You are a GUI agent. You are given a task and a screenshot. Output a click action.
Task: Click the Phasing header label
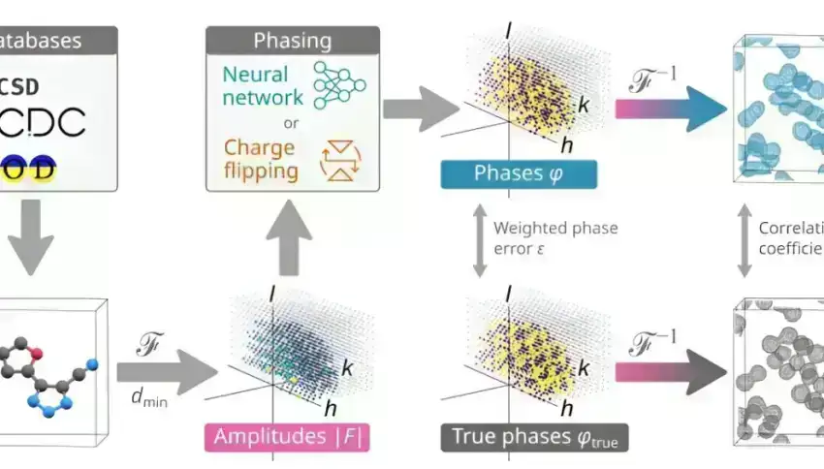292,41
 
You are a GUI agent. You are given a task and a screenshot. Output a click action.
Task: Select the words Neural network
263,85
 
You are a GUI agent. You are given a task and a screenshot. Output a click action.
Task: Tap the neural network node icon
339,85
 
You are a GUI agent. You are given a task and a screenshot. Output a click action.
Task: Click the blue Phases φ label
519,173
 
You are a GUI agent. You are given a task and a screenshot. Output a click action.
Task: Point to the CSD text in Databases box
20,84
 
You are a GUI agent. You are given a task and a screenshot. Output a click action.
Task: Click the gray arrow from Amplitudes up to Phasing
289,243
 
